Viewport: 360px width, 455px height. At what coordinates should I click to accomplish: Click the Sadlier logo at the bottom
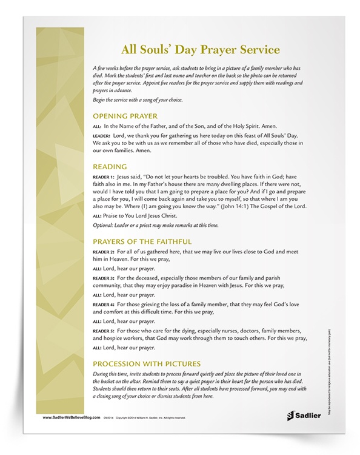(297, 416)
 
